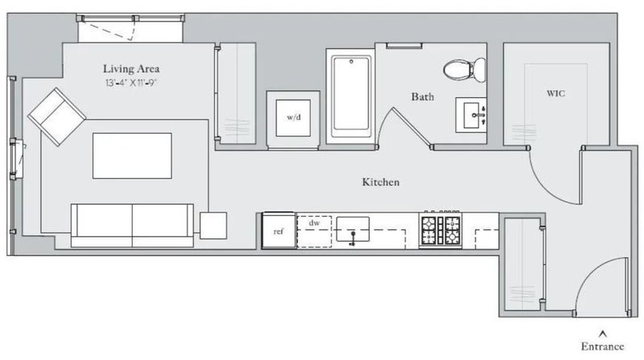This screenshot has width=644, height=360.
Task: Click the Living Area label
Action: pyautogui.click(x=131, y=68)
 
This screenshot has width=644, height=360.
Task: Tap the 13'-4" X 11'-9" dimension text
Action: pyautogui.click(x=131, y=83)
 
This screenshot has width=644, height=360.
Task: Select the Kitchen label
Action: pyautogui.click(x=381, y=182)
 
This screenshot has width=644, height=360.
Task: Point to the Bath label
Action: pyautogui.click(x=423, y=97)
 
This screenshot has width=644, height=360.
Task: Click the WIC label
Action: pyautogui.click(x=555, y=93)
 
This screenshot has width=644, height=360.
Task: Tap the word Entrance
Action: pyautogui.click(x=602, y=346)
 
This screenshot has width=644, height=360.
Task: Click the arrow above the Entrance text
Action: pyautogui.click(x=602, y=333)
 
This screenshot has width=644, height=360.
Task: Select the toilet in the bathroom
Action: pyautogui.click(x=464, y=69)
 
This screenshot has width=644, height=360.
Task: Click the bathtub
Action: pyautogui.click(x=351, y=96)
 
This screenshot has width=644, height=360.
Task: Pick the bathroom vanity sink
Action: pyautogui.click(x=471, y=115)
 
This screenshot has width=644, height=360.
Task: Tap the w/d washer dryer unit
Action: pyautogui.click(x=293, y=118)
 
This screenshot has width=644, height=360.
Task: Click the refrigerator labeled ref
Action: pyautogui.click(x=279, y=230)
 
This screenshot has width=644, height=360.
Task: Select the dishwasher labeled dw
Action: pyautogui.click(x=314, y=231)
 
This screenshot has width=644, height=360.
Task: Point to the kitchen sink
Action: pyautogui.click(x=353, y=230)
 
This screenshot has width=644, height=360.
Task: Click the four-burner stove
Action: pyautogui.click(x=440, y=230)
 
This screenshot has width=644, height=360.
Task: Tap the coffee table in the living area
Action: pyautogui.click(x=132, y=155)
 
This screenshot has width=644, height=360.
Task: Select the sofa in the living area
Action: pyautogui.click(x=132, y=226)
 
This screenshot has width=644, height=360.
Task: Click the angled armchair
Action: pyautogui.click(x=56, y=117)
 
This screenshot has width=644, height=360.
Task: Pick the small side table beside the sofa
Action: pyautogui.click(x=213, y=226)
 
